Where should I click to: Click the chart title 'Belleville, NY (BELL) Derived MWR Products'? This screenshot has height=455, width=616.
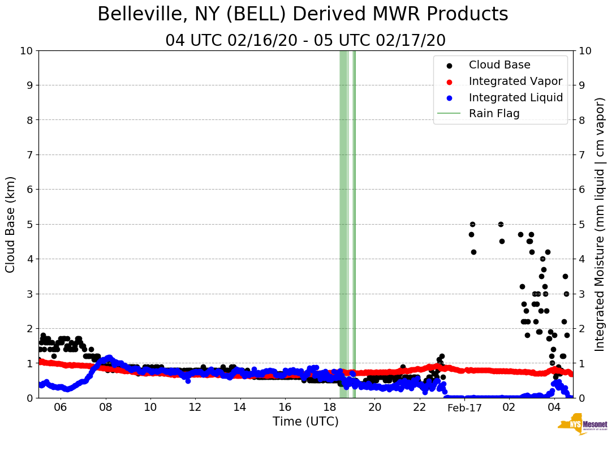click(303, 14)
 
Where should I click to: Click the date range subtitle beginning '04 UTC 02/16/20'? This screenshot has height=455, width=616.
click(305, 41)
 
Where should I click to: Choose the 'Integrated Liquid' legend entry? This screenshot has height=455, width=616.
click(515, 97)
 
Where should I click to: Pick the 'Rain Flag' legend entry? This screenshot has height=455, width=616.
click(494, 113)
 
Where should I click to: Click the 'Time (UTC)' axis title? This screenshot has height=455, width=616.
click(305, 422)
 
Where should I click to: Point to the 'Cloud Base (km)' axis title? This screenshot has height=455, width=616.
click(11, 224)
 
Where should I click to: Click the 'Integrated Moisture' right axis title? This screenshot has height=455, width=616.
click(600, 224)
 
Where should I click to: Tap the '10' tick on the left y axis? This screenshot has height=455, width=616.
click(26, 51)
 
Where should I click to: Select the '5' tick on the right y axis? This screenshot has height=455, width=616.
click(581, 224)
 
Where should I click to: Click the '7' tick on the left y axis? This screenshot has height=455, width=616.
click(29, 155)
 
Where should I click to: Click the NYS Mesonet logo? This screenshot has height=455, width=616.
click(582, 426)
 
